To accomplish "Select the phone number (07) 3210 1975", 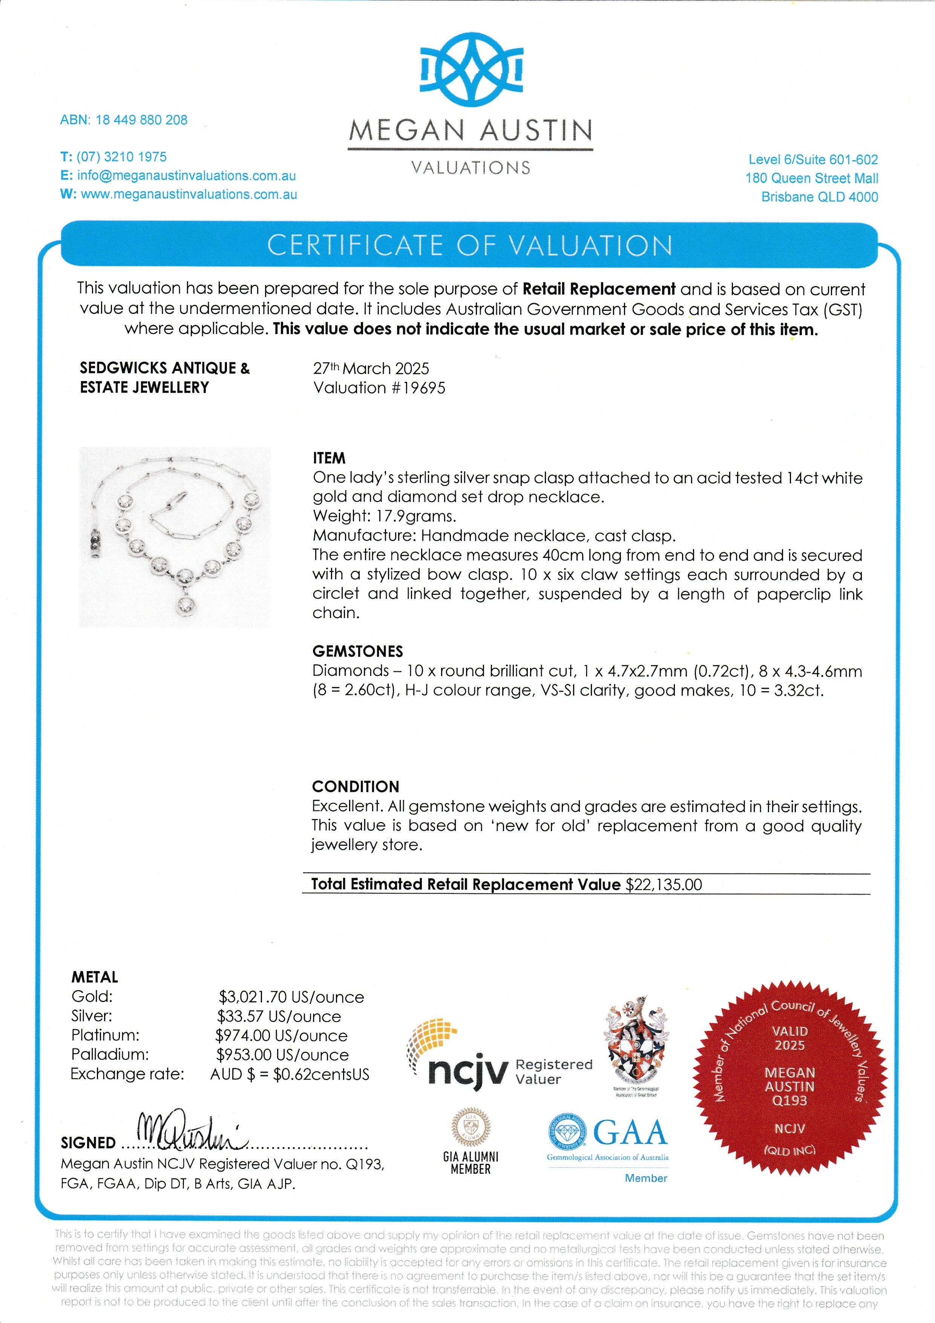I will click(x=121, y=157).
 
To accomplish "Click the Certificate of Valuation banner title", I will click(x=469, y=246).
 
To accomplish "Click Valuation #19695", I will click(x=379, y=388).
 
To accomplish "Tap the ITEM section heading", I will click(x=329, y=458).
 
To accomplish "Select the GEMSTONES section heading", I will click(x=357, y=651).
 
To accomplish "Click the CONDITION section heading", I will click(x=355, y=787).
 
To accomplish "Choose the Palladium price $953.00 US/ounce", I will click(x=282, y=1055).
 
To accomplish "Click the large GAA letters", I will click(x=630, y=1133).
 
